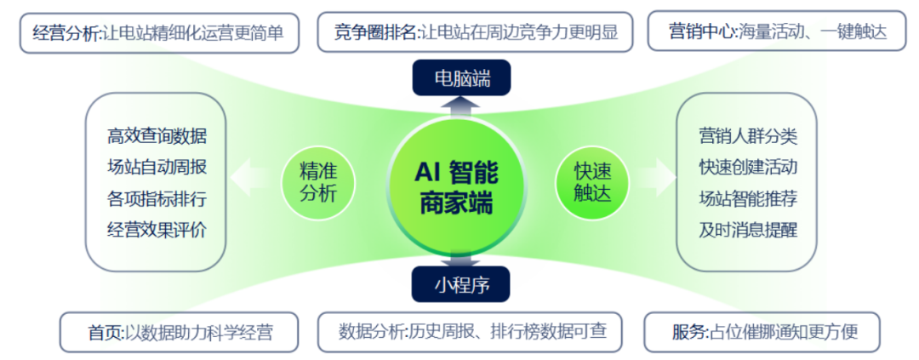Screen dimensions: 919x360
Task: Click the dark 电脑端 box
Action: (462, 78)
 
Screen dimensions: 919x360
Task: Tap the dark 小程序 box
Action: (462, 283)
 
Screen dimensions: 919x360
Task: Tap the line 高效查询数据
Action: (157, 137)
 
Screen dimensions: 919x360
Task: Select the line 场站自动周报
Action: (157, 167)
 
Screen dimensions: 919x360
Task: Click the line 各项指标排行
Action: (157, 198)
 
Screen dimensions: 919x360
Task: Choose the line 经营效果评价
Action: (157, 229)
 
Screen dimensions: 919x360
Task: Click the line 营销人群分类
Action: (748, 136)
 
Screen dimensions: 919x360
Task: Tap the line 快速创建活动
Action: (748, 167)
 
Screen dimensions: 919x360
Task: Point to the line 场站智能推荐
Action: (748, 198)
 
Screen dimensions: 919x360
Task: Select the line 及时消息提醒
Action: (748, 229)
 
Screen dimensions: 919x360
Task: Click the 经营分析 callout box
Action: (159, 32)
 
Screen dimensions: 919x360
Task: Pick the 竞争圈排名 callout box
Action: (476, 31)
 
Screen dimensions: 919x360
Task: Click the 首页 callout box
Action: (179, 333)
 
